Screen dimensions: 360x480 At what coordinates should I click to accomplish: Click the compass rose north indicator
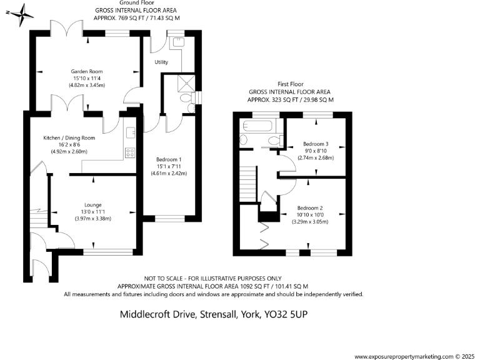pyautogui.click(x=21, y=14)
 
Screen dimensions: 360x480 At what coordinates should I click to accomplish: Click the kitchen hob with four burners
pyautogui.click(x=131, y=151)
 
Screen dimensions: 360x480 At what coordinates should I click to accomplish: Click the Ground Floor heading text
pyautogui.click(x=135, y=4)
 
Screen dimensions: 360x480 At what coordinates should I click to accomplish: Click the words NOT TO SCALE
pyautogui.click(x=165, y=278)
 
